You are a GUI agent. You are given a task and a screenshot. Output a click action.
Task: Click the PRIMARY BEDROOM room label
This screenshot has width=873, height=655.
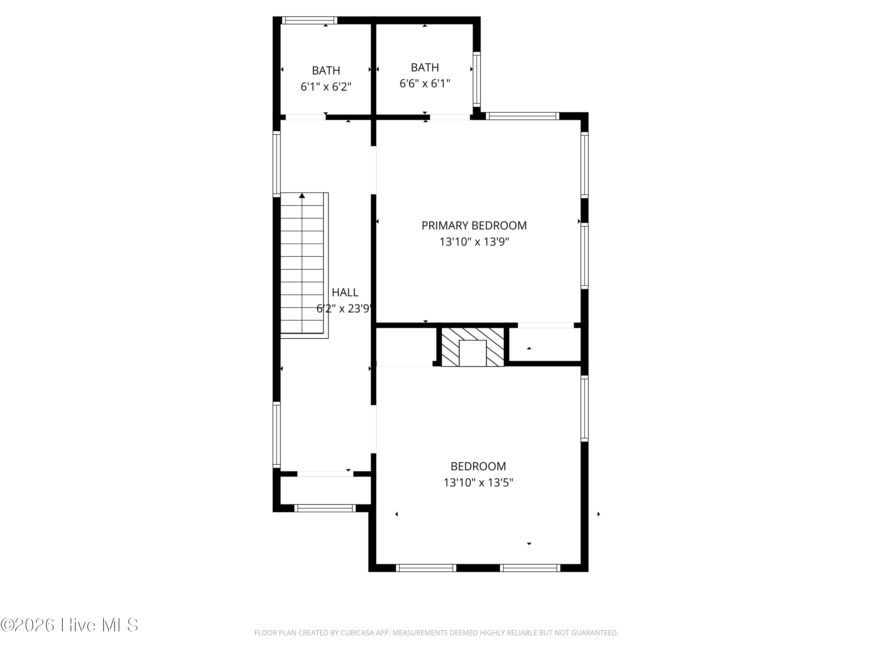(x=474, y=225)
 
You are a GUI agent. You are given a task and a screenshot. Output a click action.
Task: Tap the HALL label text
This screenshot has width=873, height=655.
(x=345, y=292)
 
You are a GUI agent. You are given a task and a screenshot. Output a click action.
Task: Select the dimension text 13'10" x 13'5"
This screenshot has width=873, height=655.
(x=478, y=482)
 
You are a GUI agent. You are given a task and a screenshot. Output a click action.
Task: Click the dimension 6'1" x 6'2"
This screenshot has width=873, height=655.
(x=326, y=86)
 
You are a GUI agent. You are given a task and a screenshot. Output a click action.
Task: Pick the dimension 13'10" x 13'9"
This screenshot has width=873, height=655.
(x=474, y=242)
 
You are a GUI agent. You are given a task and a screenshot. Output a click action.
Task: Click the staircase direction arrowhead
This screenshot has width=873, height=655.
(x=302, y=195)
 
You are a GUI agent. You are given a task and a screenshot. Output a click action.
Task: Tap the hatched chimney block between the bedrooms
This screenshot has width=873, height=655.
(x=472, y=347)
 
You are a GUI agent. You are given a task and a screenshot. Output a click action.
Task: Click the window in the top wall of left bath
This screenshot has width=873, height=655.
(x=309, y=20)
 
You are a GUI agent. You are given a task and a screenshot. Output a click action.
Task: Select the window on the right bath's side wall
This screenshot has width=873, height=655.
(x=477, y=79)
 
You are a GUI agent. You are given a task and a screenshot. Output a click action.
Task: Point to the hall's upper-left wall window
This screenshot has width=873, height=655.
(x=277, y=164)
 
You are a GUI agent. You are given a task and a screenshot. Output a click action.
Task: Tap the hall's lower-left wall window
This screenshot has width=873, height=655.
(x=277, y=435)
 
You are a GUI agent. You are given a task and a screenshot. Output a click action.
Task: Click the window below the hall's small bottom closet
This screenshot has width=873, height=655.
(x=325, y=509)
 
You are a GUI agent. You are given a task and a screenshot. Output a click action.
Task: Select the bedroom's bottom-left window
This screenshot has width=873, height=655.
(x=426, y=568)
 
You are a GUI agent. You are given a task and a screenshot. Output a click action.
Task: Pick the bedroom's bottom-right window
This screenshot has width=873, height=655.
(x=530, y=568)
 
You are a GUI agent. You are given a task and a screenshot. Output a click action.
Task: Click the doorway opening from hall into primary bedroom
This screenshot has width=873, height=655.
(x=373, y=170)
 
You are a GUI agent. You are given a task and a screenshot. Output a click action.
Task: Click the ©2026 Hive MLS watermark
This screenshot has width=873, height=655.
(x=70, y=625)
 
